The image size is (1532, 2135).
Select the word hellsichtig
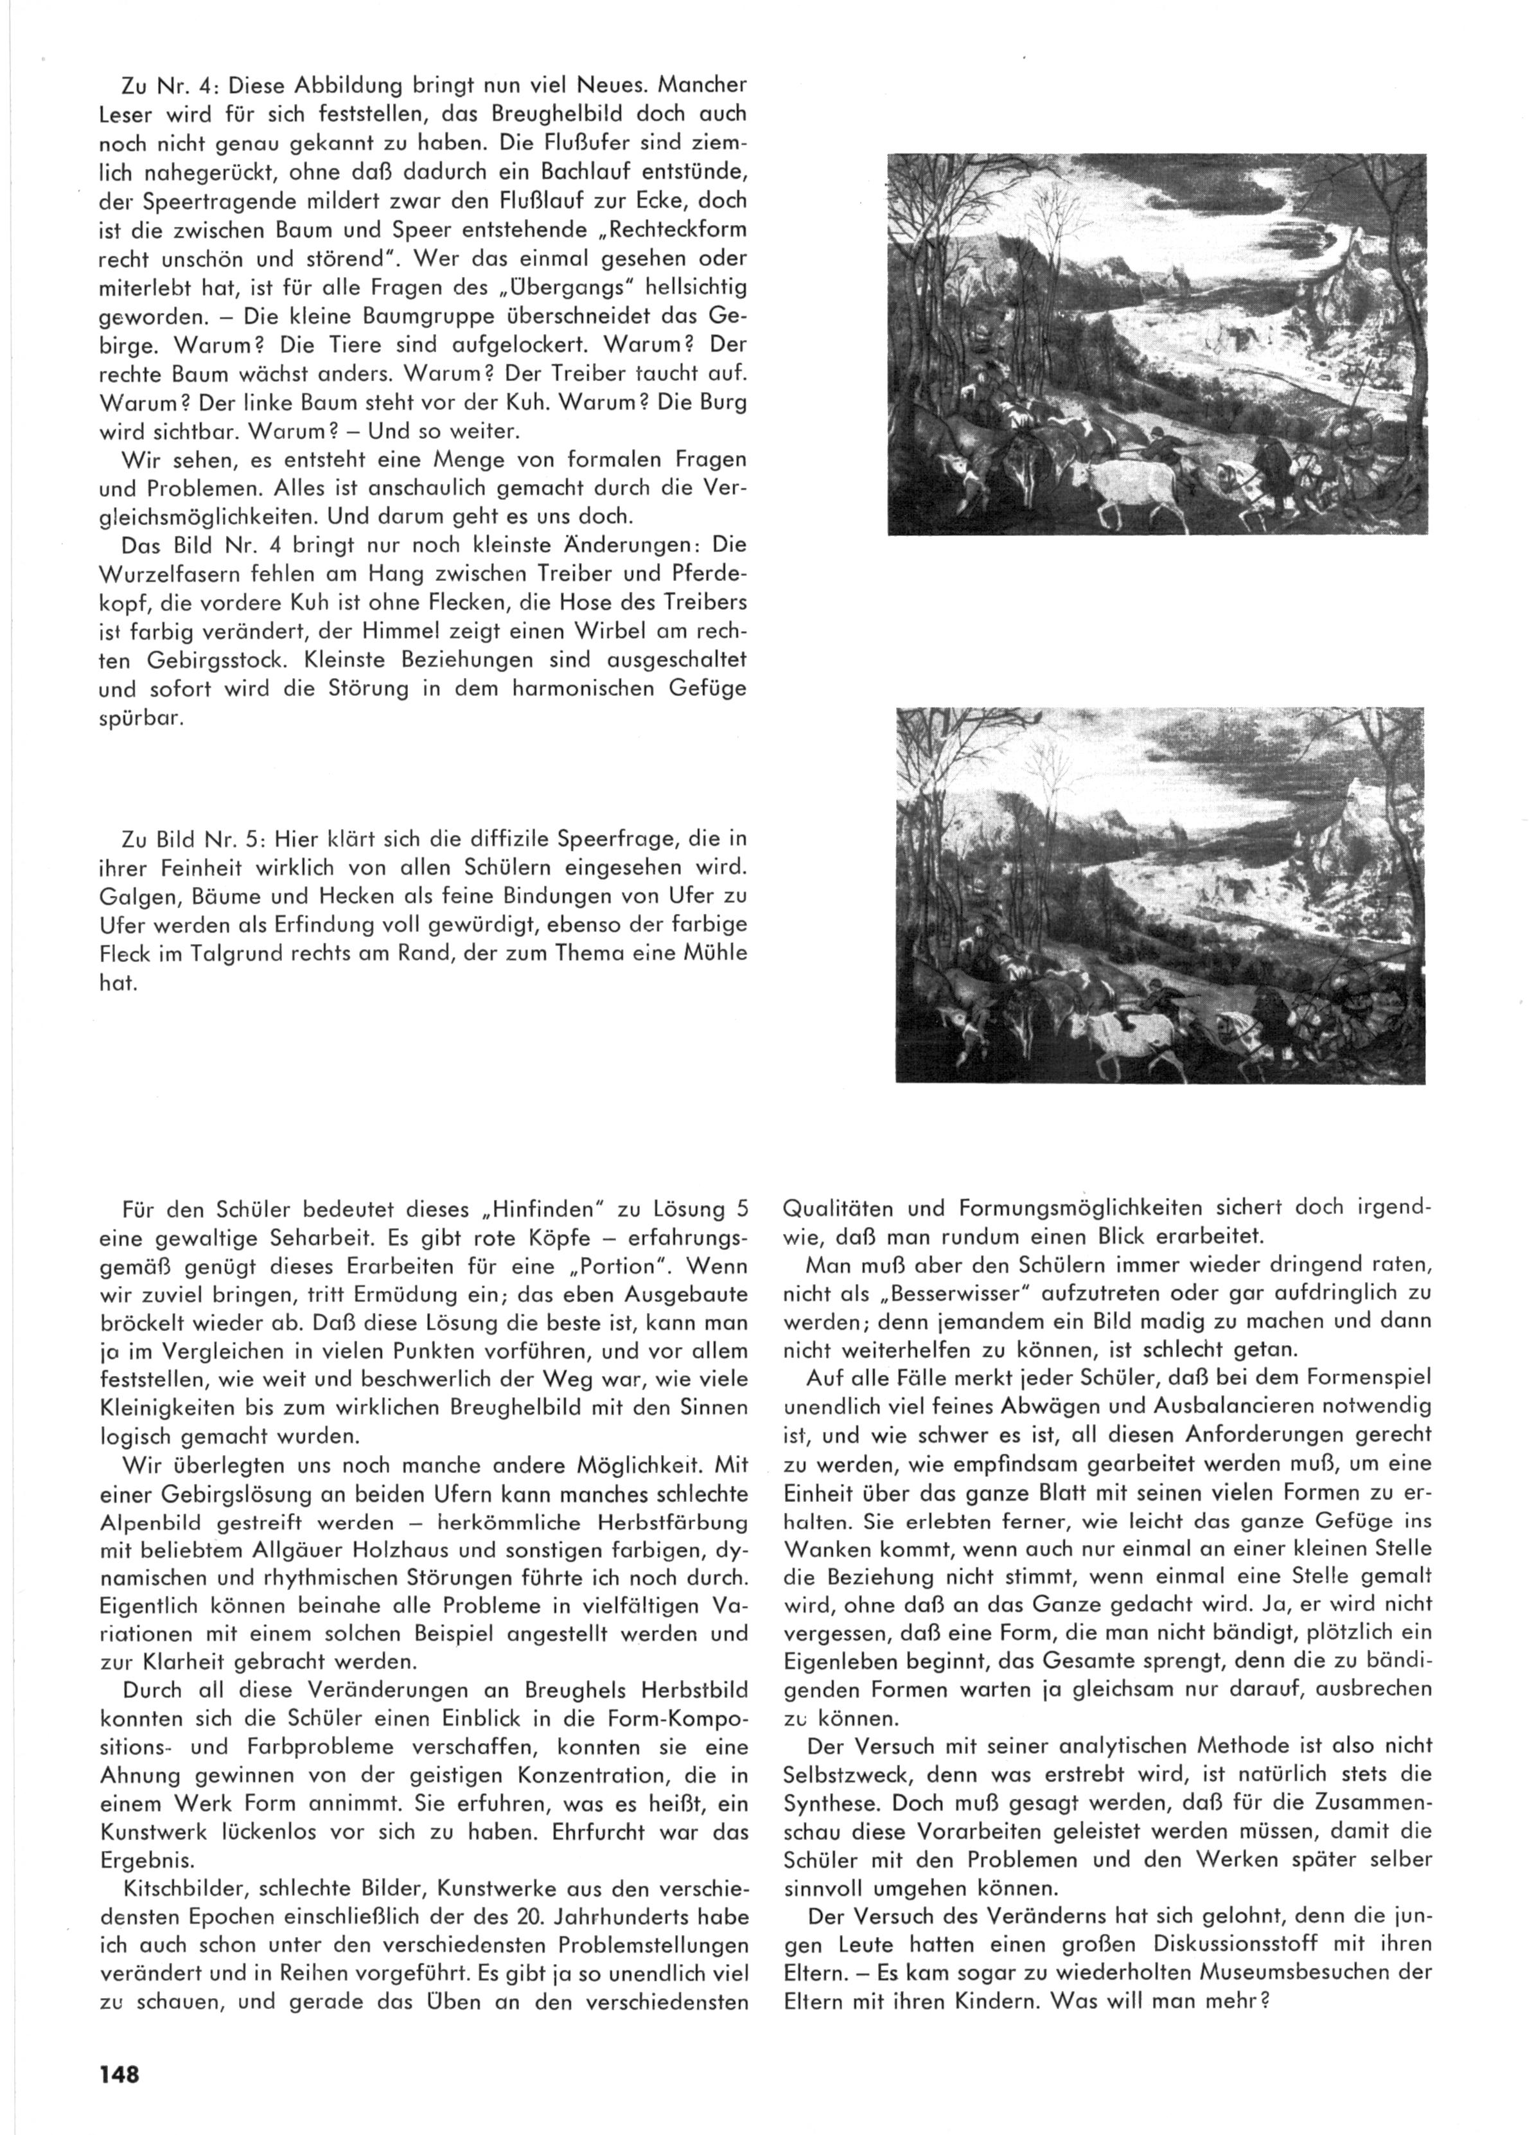click(690, 287)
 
